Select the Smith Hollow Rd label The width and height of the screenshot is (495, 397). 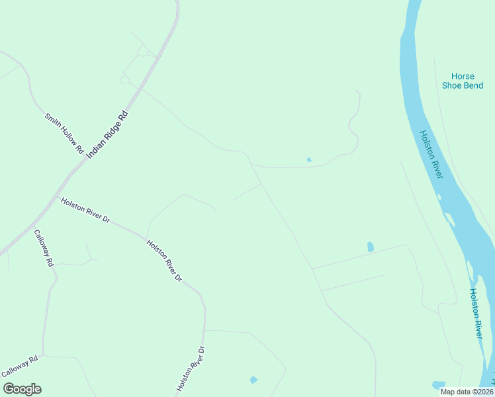(x=64, y=134)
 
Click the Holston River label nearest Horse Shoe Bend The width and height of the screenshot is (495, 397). (x=431, y=154)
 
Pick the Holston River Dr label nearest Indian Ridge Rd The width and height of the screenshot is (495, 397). (x=85, y=210)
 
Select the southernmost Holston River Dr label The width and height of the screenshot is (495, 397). (x=192, y=368)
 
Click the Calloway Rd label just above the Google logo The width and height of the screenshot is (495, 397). (x=21, y=366)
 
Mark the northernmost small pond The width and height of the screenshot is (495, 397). (x=309, y=159)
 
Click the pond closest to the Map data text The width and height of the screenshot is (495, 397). (x=438, y=384)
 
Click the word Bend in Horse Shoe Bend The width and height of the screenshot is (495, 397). (x=473, y=85)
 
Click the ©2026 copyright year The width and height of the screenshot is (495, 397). (x=480, y=392)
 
